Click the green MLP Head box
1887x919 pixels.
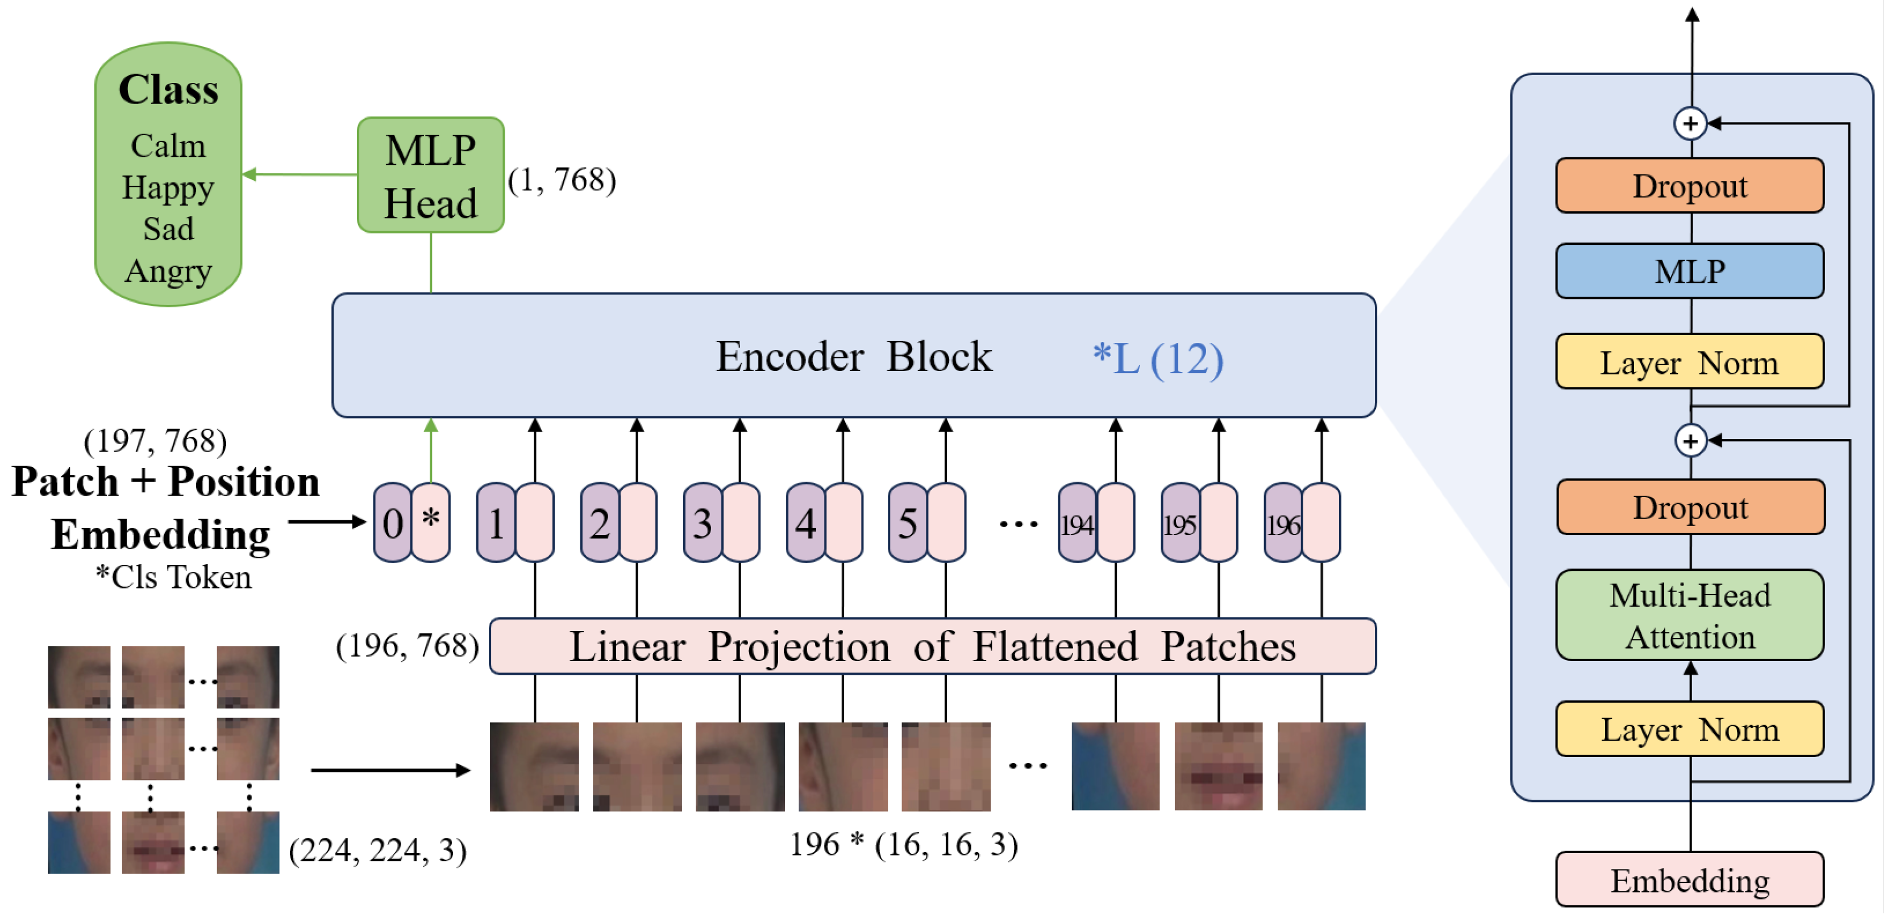pyautogui.click(x=430, y=176)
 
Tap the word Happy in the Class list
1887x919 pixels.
pyautogui.click(x=168, y=187)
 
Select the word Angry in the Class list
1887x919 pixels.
pyautogui.click(x=168, y=271)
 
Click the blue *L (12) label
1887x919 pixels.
pyautogui.click(x=1157, y=359)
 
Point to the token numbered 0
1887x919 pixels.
pyautogui.click(x=393, y=523)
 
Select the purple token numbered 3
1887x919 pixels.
pyautogui.click(x=702, y=523)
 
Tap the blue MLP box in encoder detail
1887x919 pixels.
pyautogui.click(x=1689, y=271)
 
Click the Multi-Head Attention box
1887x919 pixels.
pyautogui.click(x=1689, y=615)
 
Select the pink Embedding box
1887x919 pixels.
pyautogui.click(x=1689, y=879)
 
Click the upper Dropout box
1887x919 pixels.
pyautogui.click(x=1689, y=186)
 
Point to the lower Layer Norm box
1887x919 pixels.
pyautogui.click(x=1689, y=729)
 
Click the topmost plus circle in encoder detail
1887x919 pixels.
pyautogui.click(x=1689, y=123)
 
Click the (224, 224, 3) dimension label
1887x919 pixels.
pyautogui.click(x=377, y=850)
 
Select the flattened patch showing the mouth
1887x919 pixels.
pyautogui.click(x=1217, y=766)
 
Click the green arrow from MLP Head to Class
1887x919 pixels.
pyautogui.click(x=300, y=174)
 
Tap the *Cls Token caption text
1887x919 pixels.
pyautogui.click(x=173, y=577)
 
